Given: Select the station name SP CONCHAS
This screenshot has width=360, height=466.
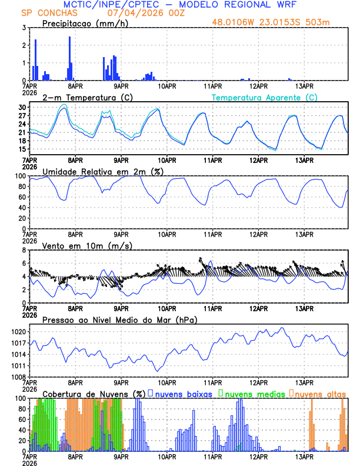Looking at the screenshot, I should coord(44,13).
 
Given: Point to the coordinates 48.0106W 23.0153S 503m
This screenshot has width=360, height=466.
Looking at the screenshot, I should coord(279,23).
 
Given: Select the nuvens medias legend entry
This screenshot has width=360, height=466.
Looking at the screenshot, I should coord(254,393).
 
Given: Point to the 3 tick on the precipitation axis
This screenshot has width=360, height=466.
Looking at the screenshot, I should coord(24,28).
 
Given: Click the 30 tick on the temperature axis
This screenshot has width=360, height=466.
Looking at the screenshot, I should coord(22,108).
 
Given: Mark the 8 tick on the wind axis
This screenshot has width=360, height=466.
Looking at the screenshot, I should coord(24,250).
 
